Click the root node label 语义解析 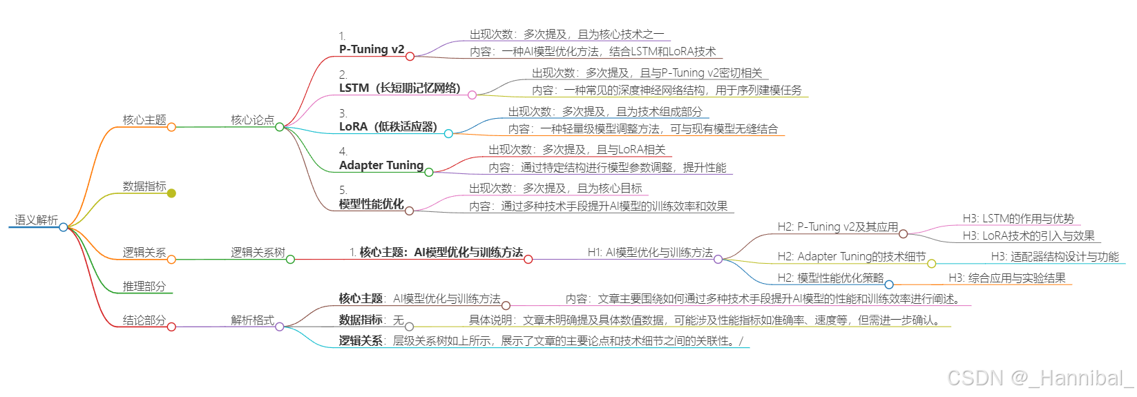tap(37, 220)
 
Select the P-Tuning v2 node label tap(372, 50)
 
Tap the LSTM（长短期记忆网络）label tap(399, 88)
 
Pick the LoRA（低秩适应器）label tap(388, 127)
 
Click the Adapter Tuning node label tap(381, 166)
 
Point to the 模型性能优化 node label tap(372, 204)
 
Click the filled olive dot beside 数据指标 tap(171, 193)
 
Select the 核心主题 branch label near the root tap(144, 120)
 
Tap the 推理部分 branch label tap(144, 287)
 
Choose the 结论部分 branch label tap(144, 320)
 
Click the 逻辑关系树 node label tap(258, 253)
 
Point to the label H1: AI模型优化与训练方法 tap(650, 253)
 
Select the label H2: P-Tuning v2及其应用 tap(837, 227)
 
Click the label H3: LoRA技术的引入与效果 tap(1029, 236)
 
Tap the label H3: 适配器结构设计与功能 tap(1055, 257)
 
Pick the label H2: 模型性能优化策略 tap(830, 278)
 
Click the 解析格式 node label tap(252, 320)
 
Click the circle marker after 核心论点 tap(280, 127)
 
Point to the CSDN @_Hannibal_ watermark tap(1040, 378)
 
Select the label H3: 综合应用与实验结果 tap(1006, 278)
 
